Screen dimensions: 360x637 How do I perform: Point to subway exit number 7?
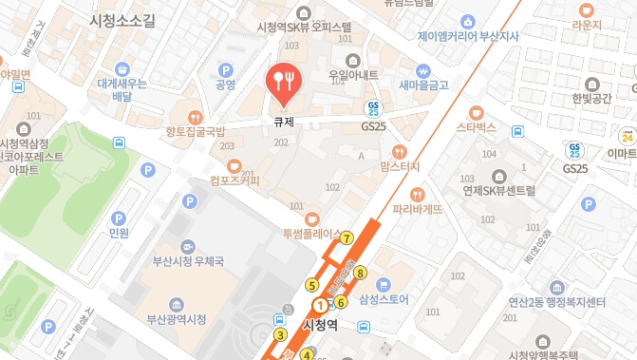347,237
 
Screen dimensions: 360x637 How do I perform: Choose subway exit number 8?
360,274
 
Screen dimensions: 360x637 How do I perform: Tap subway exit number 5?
311,284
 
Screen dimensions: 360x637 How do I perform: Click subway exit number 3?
280,333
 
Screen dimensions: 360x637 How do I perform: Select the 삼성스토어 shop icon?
384,283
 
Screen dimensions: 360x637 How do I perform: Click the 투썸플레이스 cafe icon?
312,219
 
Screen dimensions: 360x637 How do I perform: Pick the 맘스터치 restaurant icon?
399,151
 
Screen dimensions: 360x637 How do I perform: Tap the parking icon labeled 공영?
226,69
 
